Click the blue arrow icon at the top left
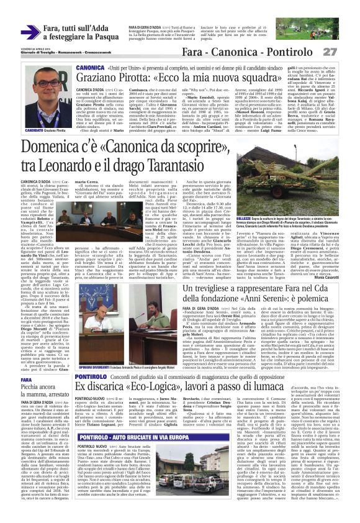pos(30,32)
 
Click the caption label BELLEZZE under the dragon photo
pos(260,238)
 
